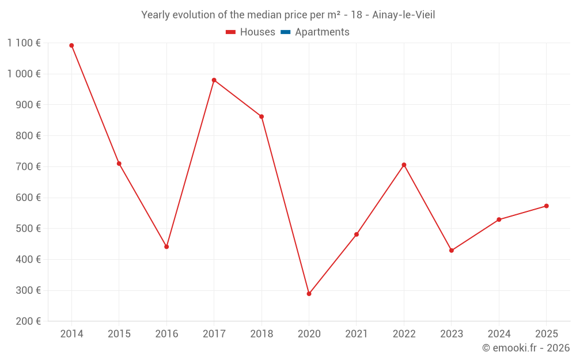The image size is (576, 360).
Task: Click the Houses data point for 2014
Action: pyautogui.click(x=71, y=46)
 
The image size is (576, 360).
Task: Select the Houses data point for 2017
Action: pyautogui.click(x=214, y=80)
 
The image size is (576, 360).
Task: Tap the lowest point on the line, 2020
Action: pyautogui.click(x=309, y=294)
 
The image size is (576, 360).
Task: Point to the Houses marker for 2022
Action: pyautogui.click(x=404, y=165)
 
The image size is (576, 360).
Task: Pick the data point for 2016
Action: pyautogui.click(x=166, y=247)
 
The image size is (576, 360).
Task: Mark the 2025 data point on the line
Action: pyautogui.click(x=546, y=206)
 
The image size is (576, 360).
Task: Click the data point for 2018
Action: pyautogui.click(x=262, y=116)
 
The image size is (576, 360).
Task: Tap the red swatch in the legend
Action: pyautogui.click(x=231, y=32)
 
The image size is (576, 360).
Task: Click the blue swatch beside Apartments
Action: pyautogui.click(x=286, y=32)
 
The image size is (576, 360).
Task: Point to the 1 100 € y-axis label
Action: pyautogui.click(x=24, y=43)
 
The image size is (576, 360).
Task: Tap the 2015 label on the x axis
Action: pyautogui.click(x=119, y=334)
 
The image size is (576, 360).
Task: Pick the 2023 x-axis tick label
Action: pyautogui.click(x=452, y=334)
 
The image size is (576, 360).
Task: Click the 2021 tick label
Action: pyautogui.click(x=357, y=334)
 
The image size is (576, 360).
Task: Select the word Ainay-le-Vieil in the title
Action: pyautogui.click(x=404, y=15)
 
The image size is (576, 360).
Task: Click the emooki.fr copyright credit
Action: pyautogui.click(x=526, y=348)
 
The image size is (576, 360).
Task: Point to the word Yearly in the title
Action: pyautogui.click(x=156, y=15)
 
